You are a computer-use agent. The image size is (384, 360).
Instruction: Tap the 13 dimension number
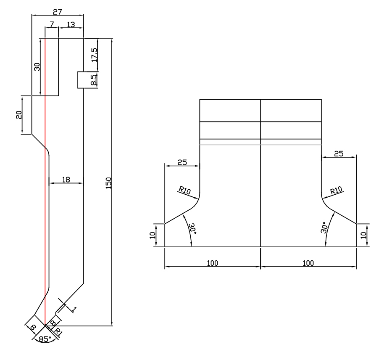pyautogui.click(x=71, y=25)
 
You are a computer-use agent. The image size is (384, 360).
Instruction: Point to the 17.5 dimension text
pyautogui.click(x=94, y=55)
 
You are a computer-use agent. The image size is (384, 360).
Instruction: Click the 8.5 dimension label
pyautogui.click(x=94, y=80)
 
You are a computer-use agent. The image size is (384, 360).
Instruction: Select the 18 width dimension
pyautogui.click(x=66, y=180)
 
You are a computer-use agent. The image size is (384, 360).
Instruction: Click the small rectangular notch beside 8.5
pyautogui.click(x=81, y=80)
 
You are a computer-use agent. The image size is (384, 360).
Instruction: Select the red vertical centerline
pyautogui.click(x=45, y=189)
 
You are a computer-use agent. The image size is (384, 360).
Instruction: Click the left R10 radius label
pyautogui.click(x=184, y=191)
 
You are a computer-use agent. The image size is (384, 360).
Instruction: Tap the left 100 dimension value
pyautogui.click(x=212, y=263)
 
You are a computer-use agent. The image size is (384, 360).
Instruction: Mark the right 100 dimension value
pyautogui.click(x=308, y=263)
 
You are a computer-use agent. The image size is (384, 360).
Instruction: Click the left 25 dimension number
pyautogui.click(x=182, y=162)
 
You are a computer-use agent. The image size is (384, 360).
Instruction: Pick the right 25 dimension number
pyautogui.click(x=338, y=154)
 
